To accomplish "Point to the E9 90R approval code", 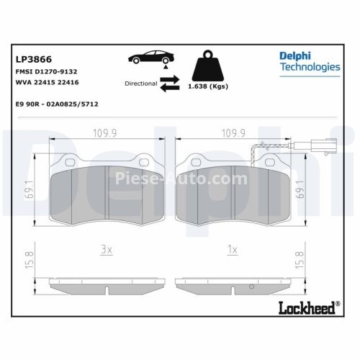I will [56, 104].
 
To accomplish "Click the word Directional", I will [140, 84].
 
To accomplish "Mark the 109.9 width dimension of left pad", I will [104, 132].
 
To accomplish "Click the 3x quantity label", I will [105, 251].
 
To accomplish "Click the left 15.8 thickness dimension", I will [29, 257].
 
